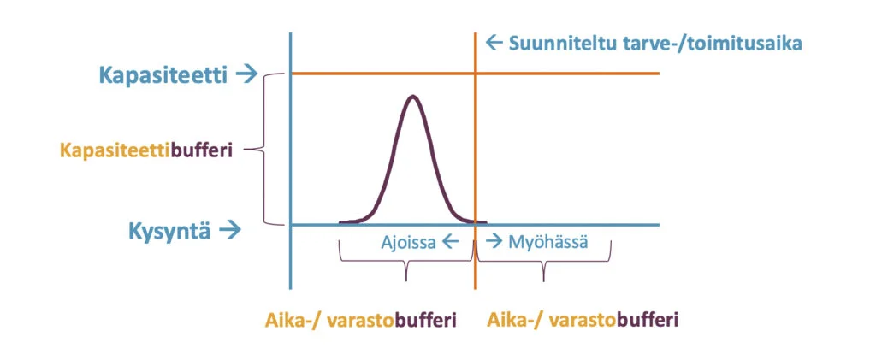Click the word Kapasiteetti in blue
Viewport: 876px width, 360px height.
tap(163, 75)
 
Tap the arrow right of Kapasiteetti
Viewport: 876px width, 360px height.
tap(246, 74)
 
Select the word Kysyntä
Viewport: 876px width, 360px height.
tap(170, 231)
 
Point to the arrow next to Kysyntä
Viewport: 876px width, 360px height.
tap(230, 229)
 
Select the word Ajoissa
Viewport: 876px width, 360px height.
tap(408, 243)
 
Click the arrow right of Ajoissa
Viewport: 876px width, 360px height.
tap(450, 242)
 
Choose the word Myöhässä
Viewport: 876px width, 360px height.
tap(548, 243)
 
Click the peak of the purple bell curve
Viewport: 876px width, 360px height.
tap(413, 97)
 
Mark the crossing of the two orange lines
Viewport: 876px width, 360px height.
tap(476, 74)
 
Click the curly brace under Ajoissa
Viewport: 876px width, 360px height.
tap(406, 263)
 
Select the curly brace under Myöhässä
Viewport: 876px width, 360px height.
tap(543, 263)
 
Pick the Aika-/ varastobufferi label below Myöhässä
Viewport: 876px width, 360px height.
tap(583, 321)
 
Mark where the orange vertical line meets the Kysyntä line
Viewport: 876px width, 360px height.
tap(476, 225)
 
